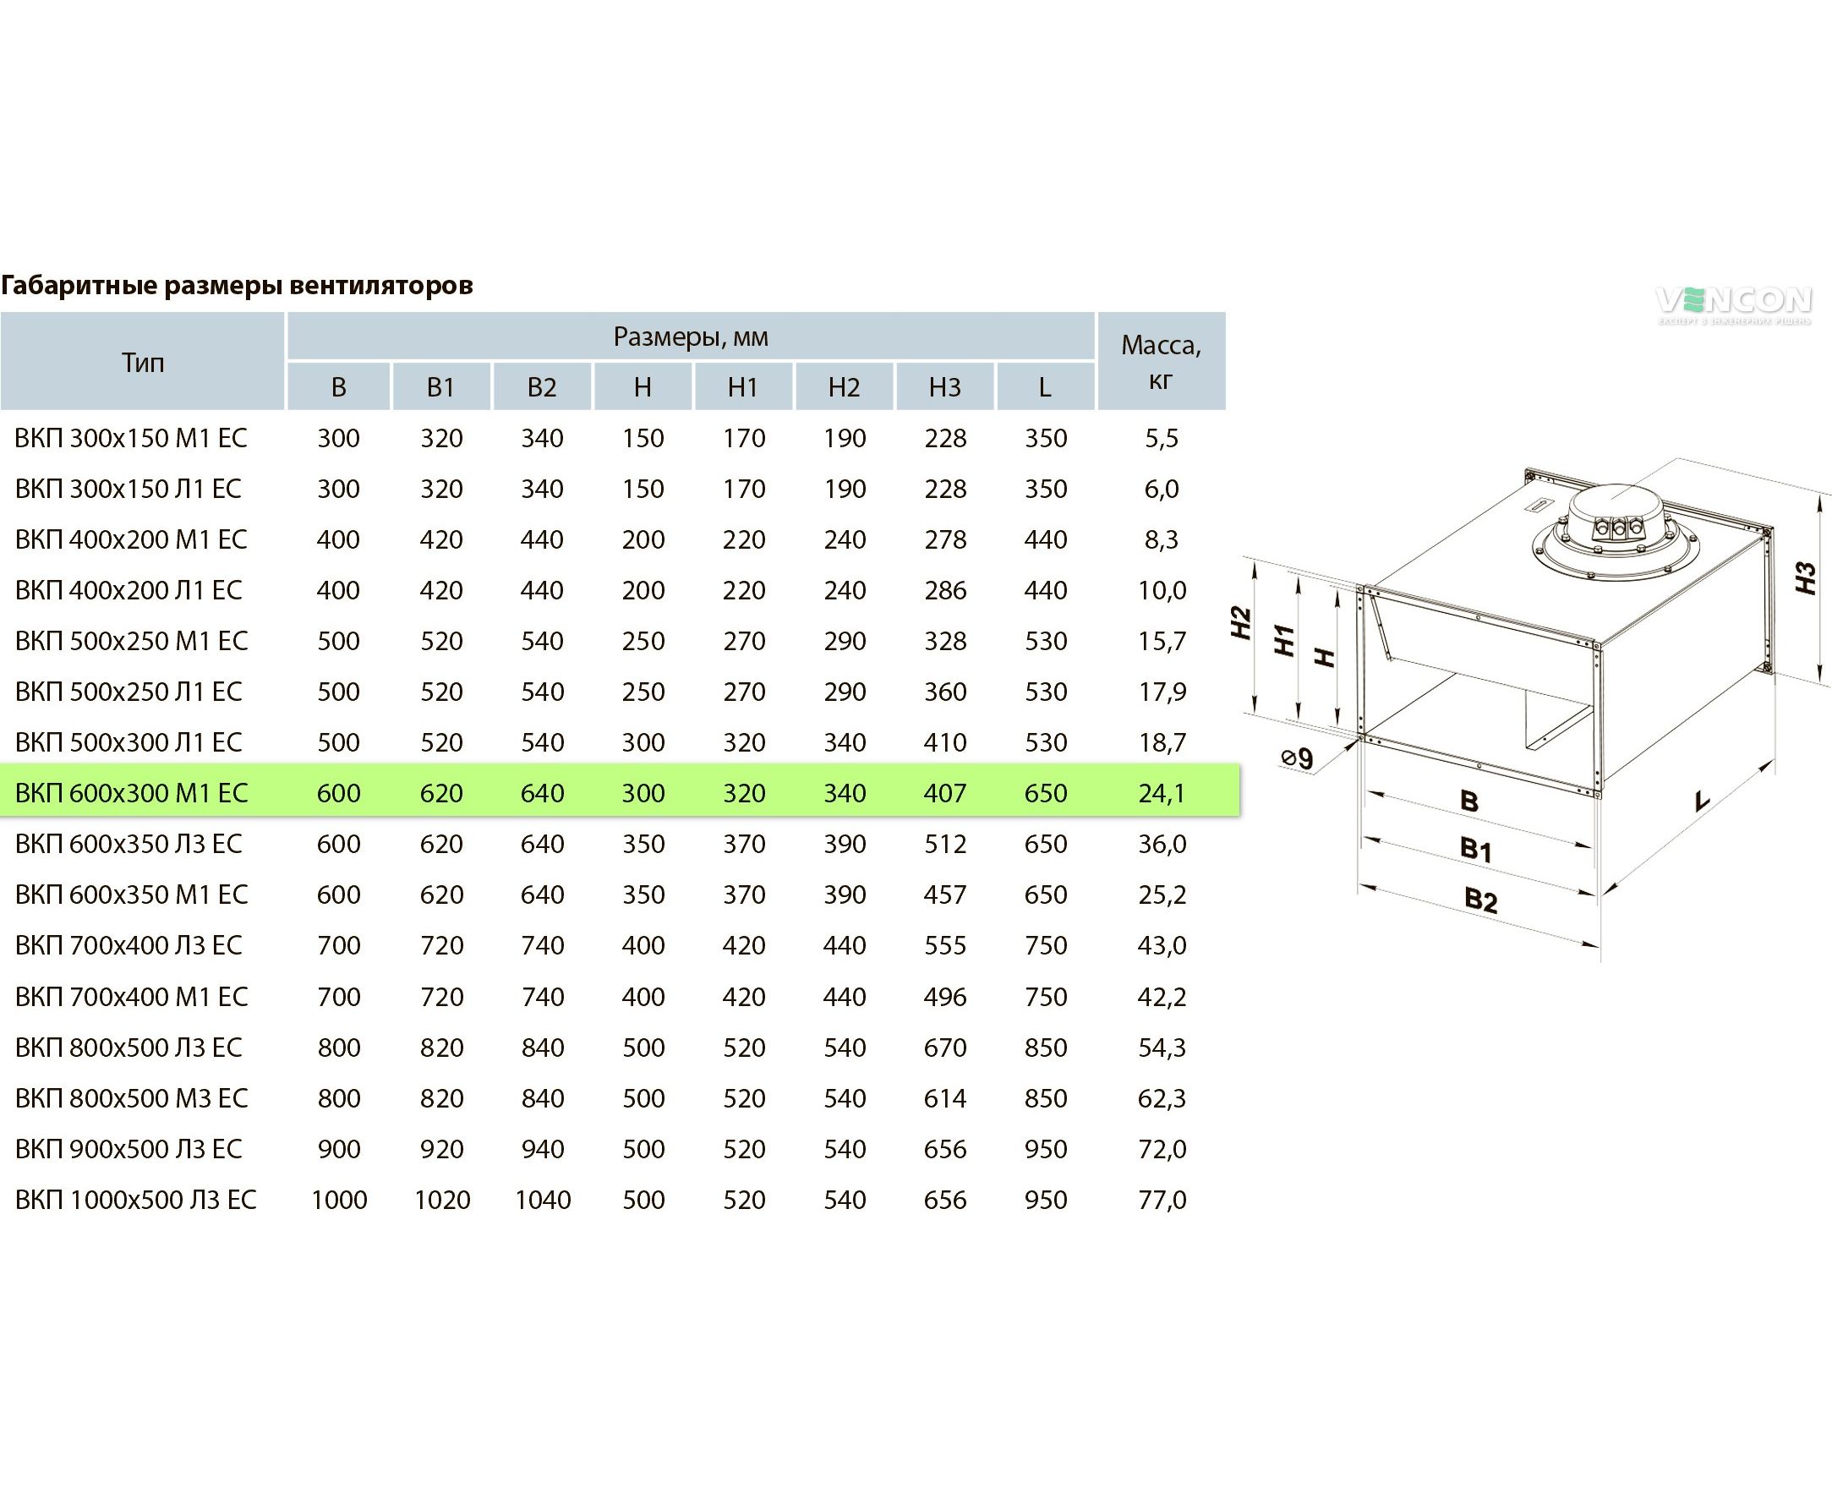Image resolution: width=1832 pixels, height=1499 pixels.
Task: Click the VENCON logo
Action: [x=1733, y=305]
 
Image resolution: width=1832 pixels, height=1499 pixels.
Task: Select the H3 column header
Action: [x=944, y=387]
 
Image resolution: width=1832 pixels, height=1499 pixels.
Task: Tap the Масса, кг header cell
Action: [x=1162, y=362]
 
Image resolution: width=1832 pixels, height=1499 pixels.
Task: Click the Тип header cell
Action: [x=142, y=362]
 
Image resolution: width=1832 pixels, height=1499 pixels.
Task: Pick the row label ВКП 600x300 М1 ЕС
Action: [x=131, y=793]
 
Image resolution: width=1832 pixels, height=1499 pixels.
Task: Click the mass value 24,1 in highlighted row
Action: [x=1162, y=793]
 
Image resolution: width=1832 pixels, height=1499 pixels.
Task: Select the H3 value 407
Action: [x=944, y=793]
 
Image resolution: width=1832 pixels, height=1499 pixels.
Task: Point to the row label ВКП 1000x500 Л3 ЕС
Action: [x=135, y=1200]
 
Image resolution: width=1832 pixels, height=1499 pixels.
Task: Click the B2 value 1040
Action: [x=542, y=1200]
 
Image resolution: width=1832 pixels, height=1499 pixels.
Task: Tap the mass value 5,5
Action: [x=1162, y=438]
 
